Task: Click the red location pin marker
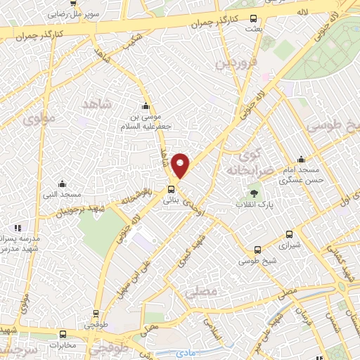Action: coord(181,166)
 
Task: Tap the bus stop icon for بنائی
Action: coord(171,188)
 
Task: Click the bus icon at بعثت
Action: coord(253,20)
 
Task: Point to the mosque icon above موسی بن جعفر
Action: coord(146,106)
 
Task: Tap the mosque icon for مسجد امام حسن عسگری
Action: coord(301,160)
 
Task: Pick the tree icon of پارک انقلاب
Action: coord(253,193)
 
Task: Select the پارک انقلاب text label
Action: coord(255,205)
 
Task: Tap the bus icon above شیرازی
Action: coord(289,235)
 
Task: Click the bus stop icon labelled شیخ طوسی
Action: coord(258,250)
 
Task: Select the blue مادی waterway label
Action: coord(186,351)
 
